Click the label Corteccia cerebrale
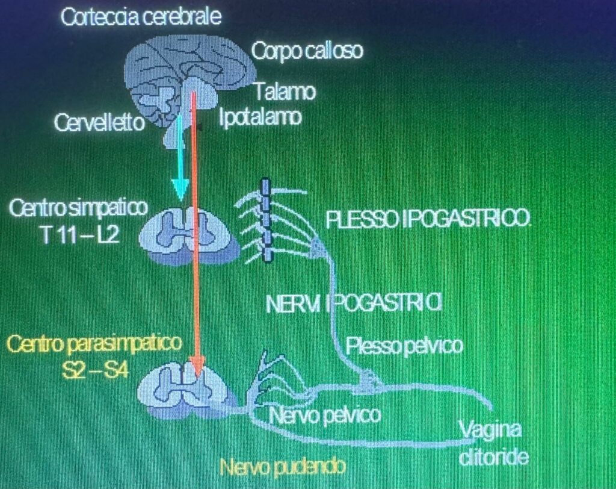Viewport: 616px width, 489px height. click(141, 17)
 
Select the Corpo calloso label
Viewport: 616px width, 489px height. click(307, 51)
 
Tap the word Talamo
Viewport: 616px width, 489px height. click(285, 92)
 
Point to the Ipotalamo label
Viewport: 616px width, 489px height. click(260, 117)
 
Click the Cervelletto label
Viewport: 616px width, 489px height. click(99, 122)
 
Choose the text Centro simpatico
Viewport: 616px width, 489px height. click(78, 208)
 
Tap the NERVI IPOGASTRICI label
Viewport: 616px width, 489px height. click(354, 304)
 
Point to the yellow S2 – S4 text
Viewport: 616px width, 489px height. click(96, 370)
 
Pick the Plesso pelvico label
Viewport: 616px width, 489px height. click(404, 346)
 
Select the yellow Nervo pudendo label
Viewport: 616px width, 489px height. click(283, 467)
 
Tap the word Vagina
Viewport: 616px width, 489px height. click(490, 430)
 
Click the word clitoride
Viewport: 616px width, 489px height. click(493, 457)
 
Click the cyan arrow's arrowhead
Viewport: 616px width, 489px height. click(180, 190)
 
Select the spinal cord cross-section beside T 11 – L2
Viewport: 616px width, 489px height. click(189, 237)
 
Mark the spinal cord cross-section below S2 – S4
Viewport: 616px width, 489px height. click(186, 390)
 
